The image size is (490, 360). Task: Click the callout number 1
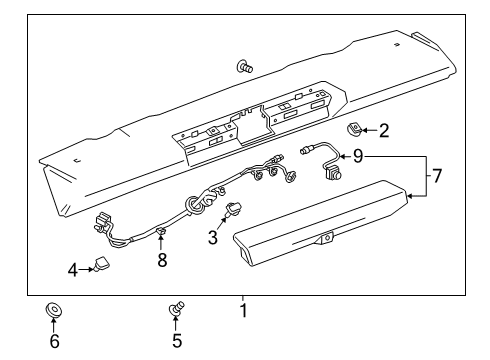pos(242,311)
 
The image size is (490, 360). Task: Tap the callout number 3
pos(211,237)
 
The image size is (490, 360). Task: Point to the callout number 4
pos(73,268)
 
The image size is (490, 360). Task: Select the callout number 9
pos(357,156)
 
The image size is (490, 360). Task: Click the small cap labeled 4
pos(101,263)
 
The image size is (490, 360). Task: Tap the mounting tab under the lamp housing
pos(325,268)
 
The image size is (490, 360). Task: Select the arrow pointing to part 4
pos(85,268)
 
